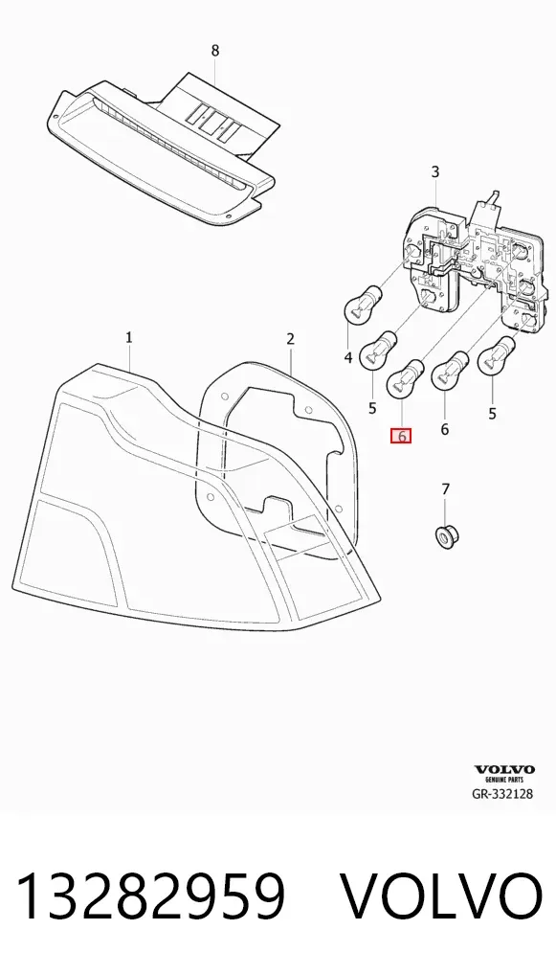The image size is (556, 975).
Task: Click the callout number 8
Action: click(215, 51)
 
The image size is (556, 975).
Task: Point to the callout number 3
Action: click(434, 171)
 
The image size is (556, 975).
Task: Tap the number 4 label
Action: click(348, 357)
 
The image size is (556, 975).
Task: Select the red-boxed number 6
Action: click(401, 437)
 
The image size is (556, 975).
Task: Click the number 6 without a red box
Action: click(445, 429)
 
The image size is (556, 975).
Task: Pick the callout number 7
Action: click(445, 490)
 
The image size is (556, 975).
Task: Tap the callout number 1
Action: click(129, 338)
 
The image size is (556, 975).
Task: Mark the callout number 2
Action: click(290, 339)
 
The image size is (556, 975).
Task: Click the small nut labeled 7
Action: click(445, 536)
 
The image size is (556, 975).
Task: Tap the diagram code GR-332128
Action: click(502, 793)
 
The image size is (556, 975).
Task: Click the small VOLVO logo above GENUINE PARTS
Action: click(504, 770)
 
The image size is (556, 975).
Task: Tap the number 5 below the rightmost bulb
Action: click(492, 413)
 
